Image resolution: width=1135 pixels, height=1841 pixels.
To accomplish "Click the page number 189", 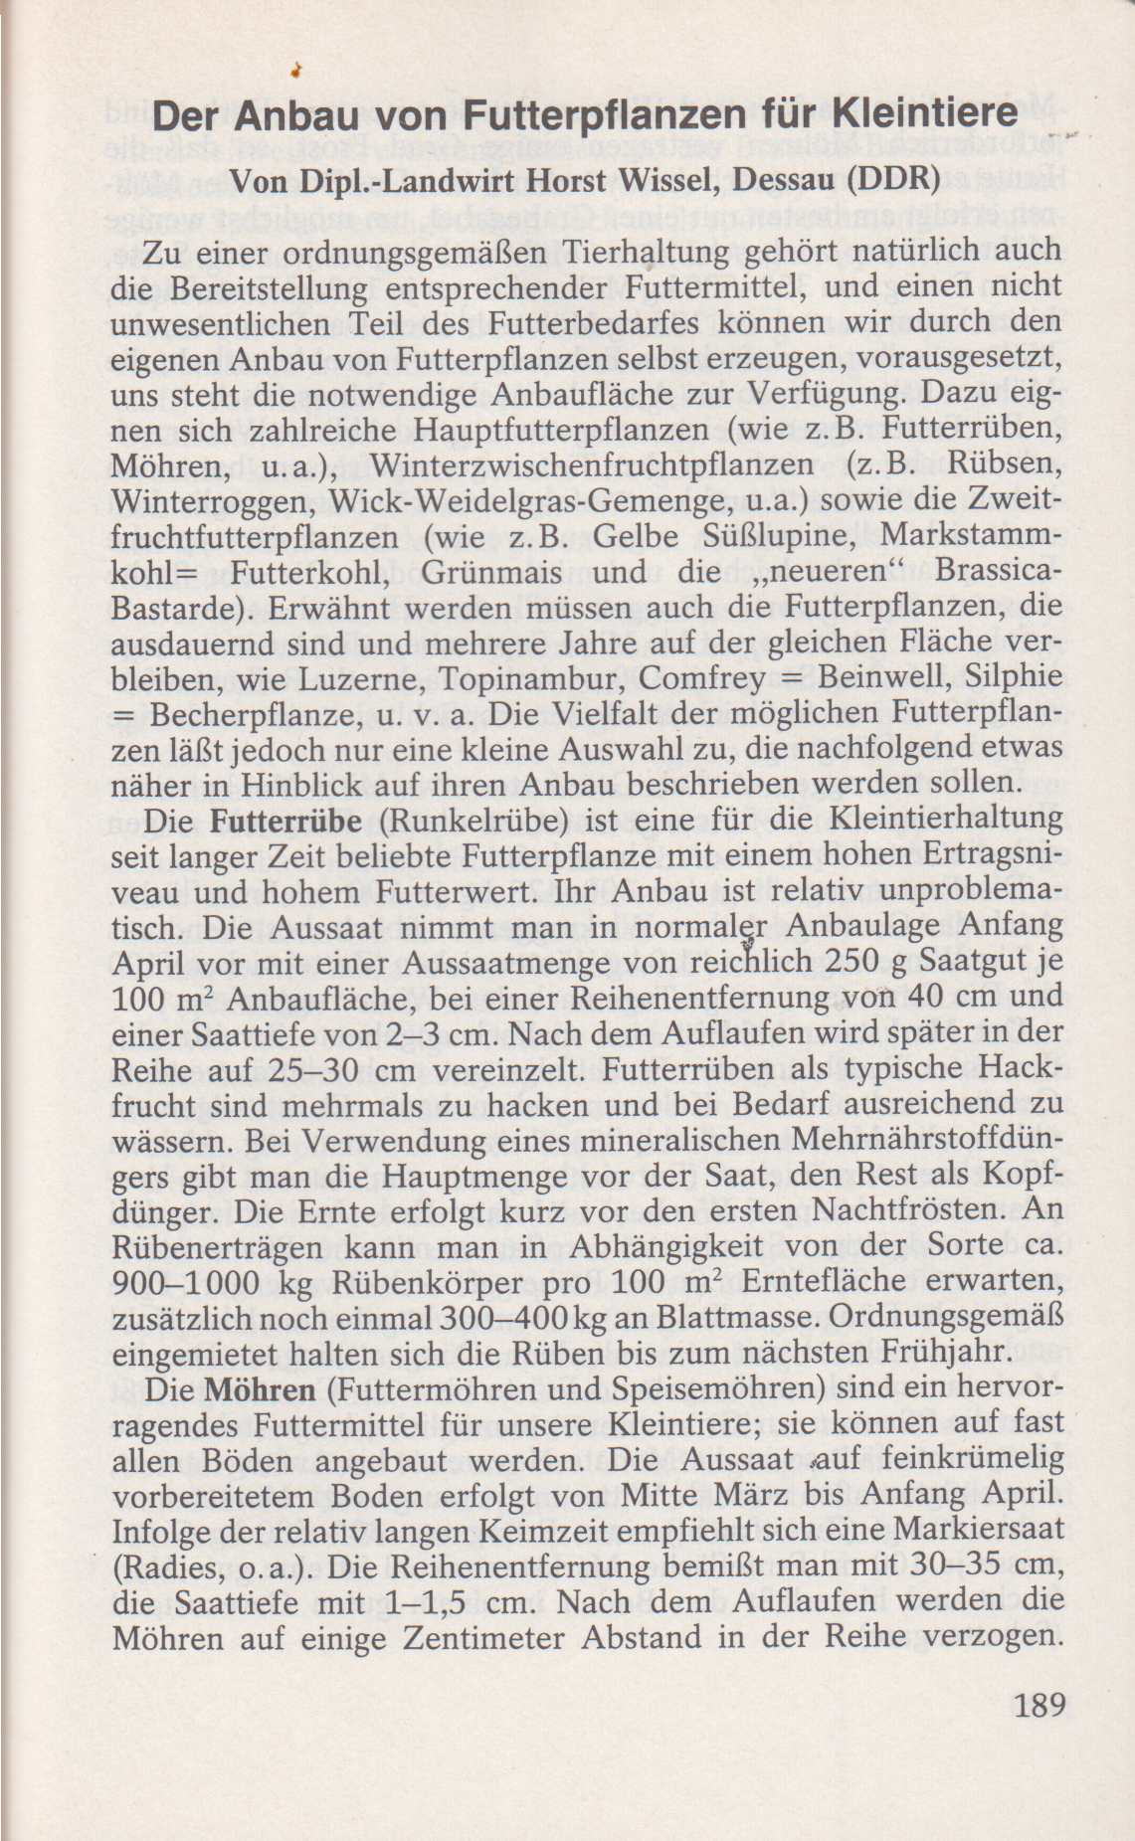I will (1039, 1705).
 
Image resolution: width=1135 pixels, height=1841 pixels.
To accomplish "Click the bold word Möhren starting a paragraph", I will (260, 1389).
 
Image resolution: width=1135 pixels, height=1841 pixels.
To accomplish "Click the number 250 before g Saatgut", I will (853, 964).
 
